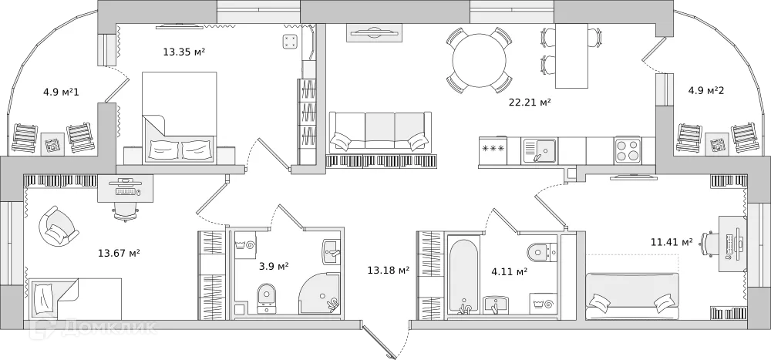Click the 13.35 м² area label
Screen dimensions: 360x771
[183, 52]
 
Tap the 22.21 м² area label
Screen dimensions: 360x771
[529, 102]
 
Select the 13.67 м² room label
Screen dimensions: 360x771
[118, 252]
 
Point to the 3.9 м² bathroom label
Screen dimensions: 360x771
[274, 267]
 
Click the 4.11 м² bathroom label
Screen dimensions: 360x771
[509, 271]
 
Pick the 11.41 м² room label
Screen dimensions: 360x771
[671, 242]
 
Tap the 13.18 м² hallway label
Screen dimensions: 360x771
[388, 270]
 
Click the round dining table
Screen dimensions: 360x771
[480, 60]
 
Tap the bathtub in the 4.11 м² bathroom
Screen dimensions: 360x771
[465, 276]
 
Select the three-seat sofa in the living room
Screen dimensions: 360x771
[379, 131]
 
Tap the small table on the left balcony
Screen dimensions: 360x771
[52, 143]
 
